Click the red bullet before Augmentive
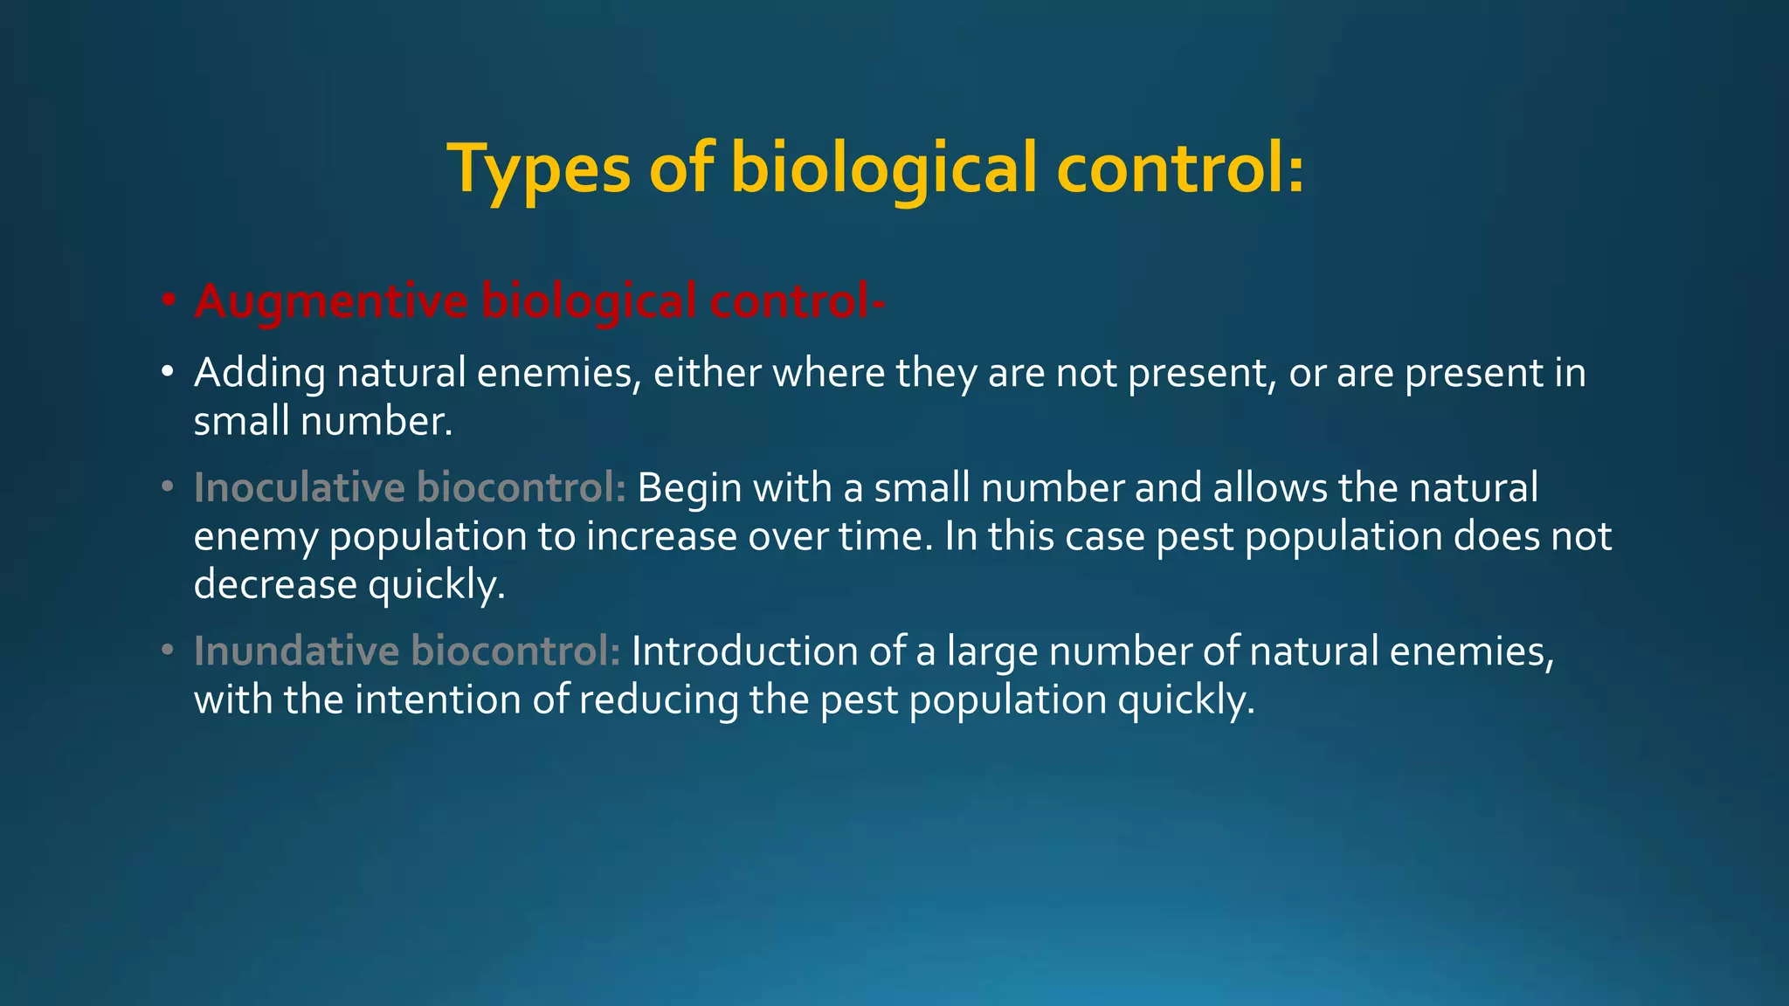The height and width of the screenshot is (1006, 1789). point(169,301)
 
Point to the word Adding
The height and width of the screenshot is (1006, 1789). point(259,374)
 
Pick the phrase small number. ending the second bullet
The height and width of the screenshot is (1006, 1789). point(323,422)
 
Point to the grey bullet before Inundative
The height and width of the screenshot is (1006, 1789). point(169,651)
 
